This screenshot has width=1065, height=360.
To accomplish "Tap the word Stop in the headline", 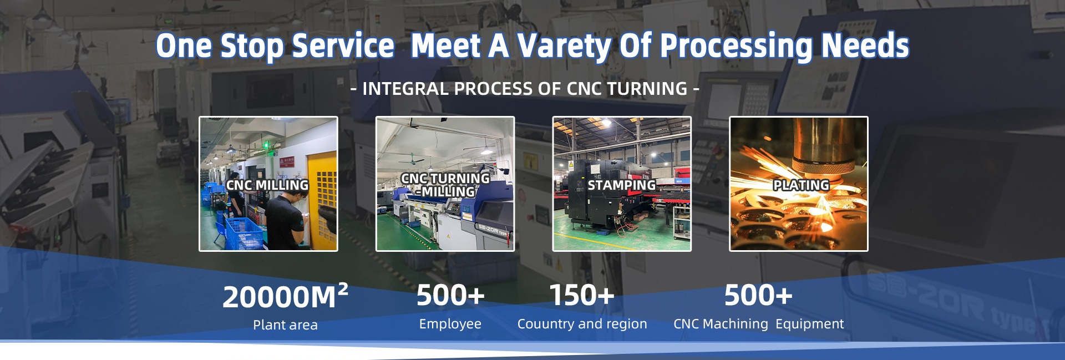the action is coord(252,47).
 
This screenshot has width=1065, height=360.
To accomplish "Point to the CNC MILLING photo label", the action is coord(267,185).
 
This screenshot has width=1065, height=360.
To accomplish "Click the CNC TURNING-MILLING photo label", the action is coord(445,185).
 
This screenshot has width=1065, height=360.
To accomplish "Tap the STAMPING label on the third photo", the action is coord(622,185).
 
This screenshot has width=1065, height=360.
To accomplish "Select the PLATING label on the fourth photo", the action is coord(801,185).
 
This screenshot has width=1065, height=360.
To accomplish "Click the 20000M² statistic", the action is coord(285,296).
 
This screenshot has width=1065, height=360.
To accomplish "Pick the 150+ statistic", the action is coord(582,295).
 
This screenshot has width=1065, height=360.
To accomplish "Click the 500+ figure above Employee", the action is coord(450,295).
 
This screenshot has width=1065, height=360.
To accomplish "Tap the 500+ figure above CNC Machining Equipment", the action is coord(758,295).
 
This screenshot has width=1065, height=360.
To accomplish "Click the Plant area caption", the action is coord(285,325).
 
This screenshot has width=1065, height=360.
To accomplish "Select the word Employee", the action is coord(450,324).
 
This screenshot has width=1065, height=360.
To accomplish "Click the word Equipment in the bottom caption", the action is coord(810,324).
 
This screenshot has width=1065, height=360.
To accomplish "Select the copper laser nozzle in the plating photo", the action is coord(823,147).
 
